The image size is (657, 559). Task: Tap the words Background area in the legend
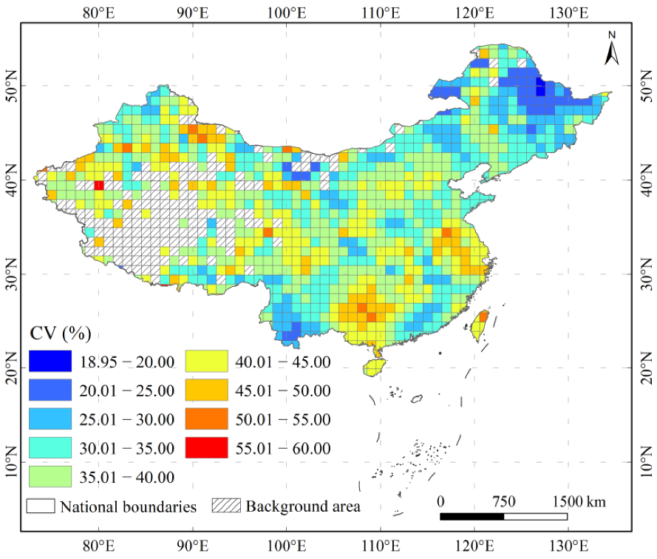(303, 507)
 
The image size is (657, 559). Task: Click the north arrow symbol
(612, 49)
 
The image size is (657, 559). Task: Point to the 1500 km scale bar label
(577, 502)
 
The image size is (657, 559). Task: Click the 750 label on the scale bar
(503, 502)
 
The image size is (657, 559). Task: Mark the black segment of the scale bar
(472, 516)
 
